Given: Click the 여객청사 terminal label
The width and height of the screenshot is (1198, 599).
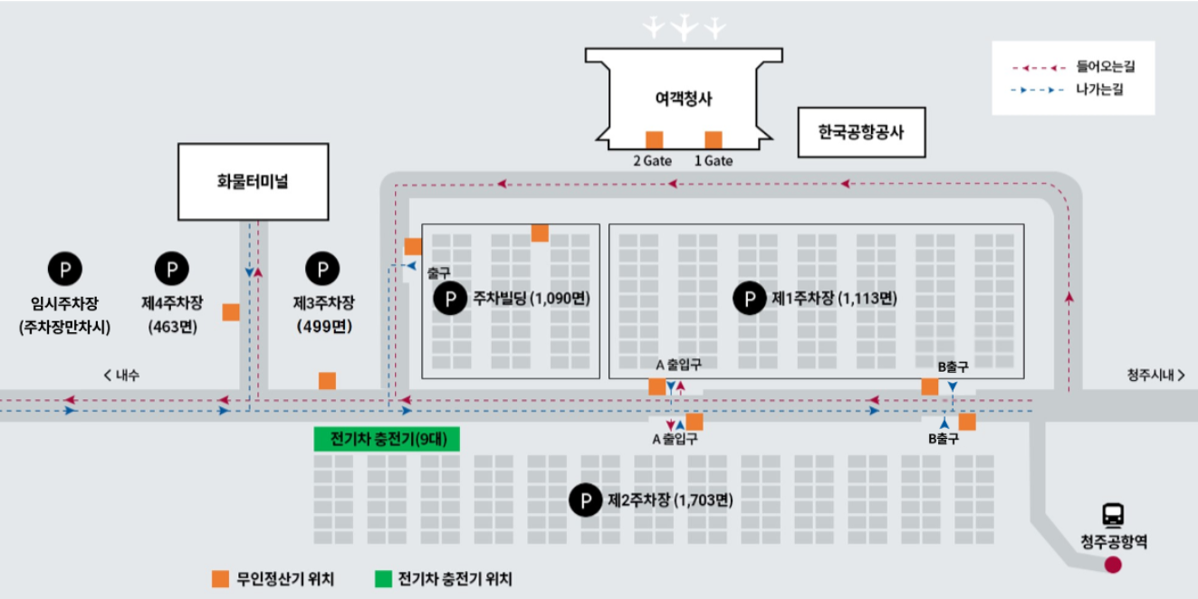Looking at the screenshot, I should (x=684, y=99).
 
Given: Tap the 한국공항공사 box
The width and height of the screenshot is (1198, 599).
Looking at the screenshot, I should (x=860, y=132).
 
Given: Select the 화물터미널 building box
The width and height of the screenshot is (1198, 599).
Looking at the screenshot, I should (x=253, y=181).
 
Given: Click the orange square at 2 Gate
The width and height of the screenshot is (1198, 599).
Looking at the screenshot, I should (x=655, y=139).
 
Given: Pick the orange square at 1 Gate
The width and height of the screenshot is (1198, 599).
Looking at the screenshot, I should (x=714, y=139).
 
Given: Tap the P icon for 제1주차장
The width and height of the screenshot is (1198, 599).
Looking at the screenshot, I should (x=749, y=299).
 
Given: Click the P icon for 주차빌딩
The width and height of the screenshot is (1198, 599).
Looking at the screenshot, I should (x=450, y=299).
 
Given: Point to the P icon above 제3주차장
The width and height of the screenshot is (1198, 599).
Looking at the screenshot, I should (x=322, y=269).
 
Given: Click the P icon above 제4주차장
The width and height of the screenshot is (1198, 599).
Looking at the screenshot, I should (x=171, y=269).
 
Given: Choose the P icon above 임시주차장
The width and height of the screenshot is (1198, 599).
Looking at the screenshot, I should (x=64, y=269).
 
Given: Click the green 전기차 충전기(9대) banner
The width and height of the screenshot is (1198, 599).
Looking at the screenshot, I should (x=387, y=440).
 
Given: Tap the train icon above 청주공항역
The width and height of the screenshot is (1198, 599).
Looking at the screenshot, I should (x=1113, y=515).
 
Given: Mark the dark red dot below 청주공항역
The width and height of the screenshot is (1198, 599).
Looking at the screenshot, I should (x=1113, y=566).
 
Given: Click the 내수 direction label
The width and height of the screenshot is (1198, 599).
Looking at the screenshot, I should (x=122, y=376).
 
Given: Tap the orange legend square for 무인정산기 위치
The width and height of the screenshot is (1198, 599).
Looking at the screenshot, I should (x=220, y=579).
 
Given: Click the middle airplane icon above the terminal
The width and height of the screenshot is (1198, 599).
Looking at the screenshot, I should (x=685, y=28).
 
